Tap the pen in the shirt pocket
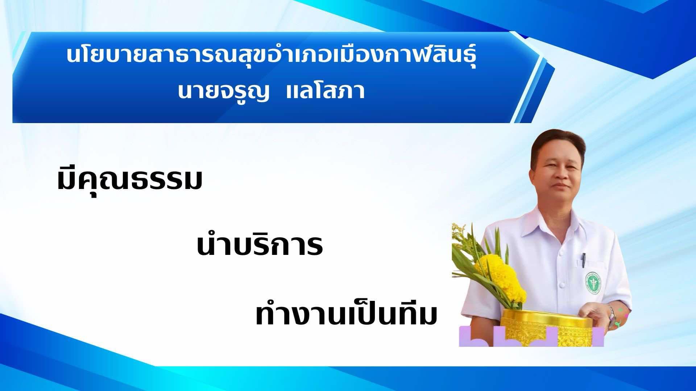click(584, 260)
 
